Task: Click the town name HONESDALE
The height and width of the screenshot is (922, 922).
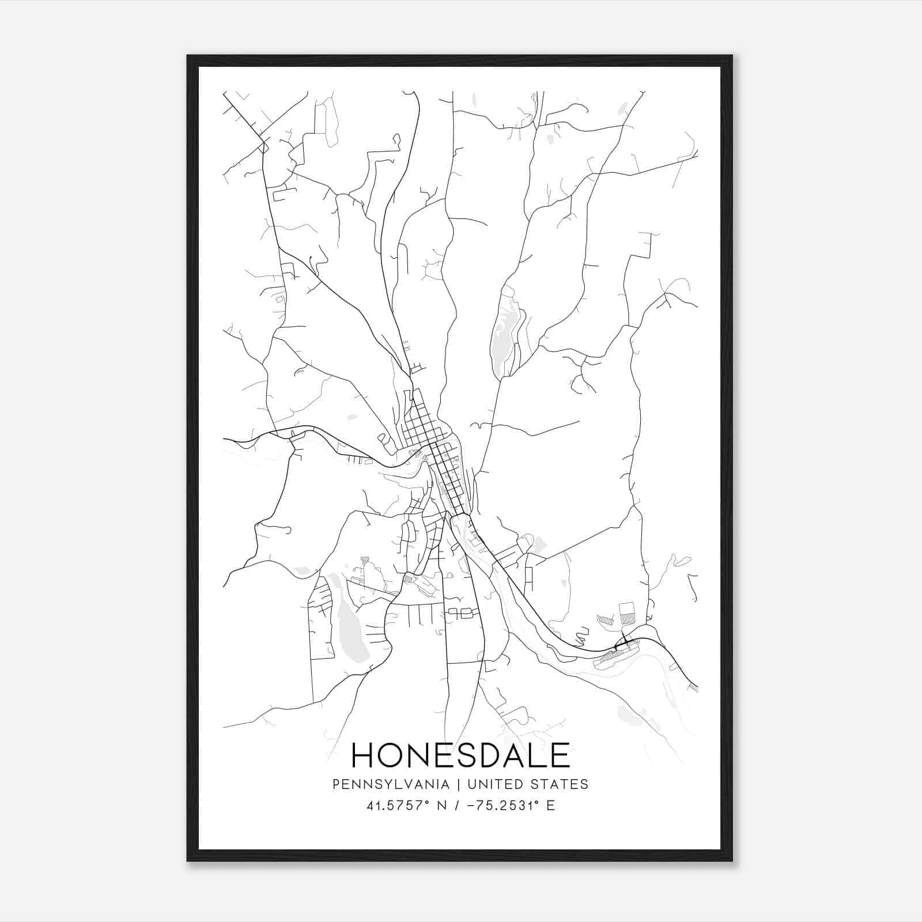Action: click(460, 755)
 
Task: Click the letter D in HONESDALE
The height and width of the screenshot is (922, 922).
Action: click(489, 755)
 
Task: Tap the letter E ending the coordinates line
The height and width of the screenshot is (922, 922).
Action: click(551, 806)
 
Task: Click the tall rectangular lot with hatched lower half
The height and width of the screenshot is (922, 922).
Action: click(626, 613)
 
